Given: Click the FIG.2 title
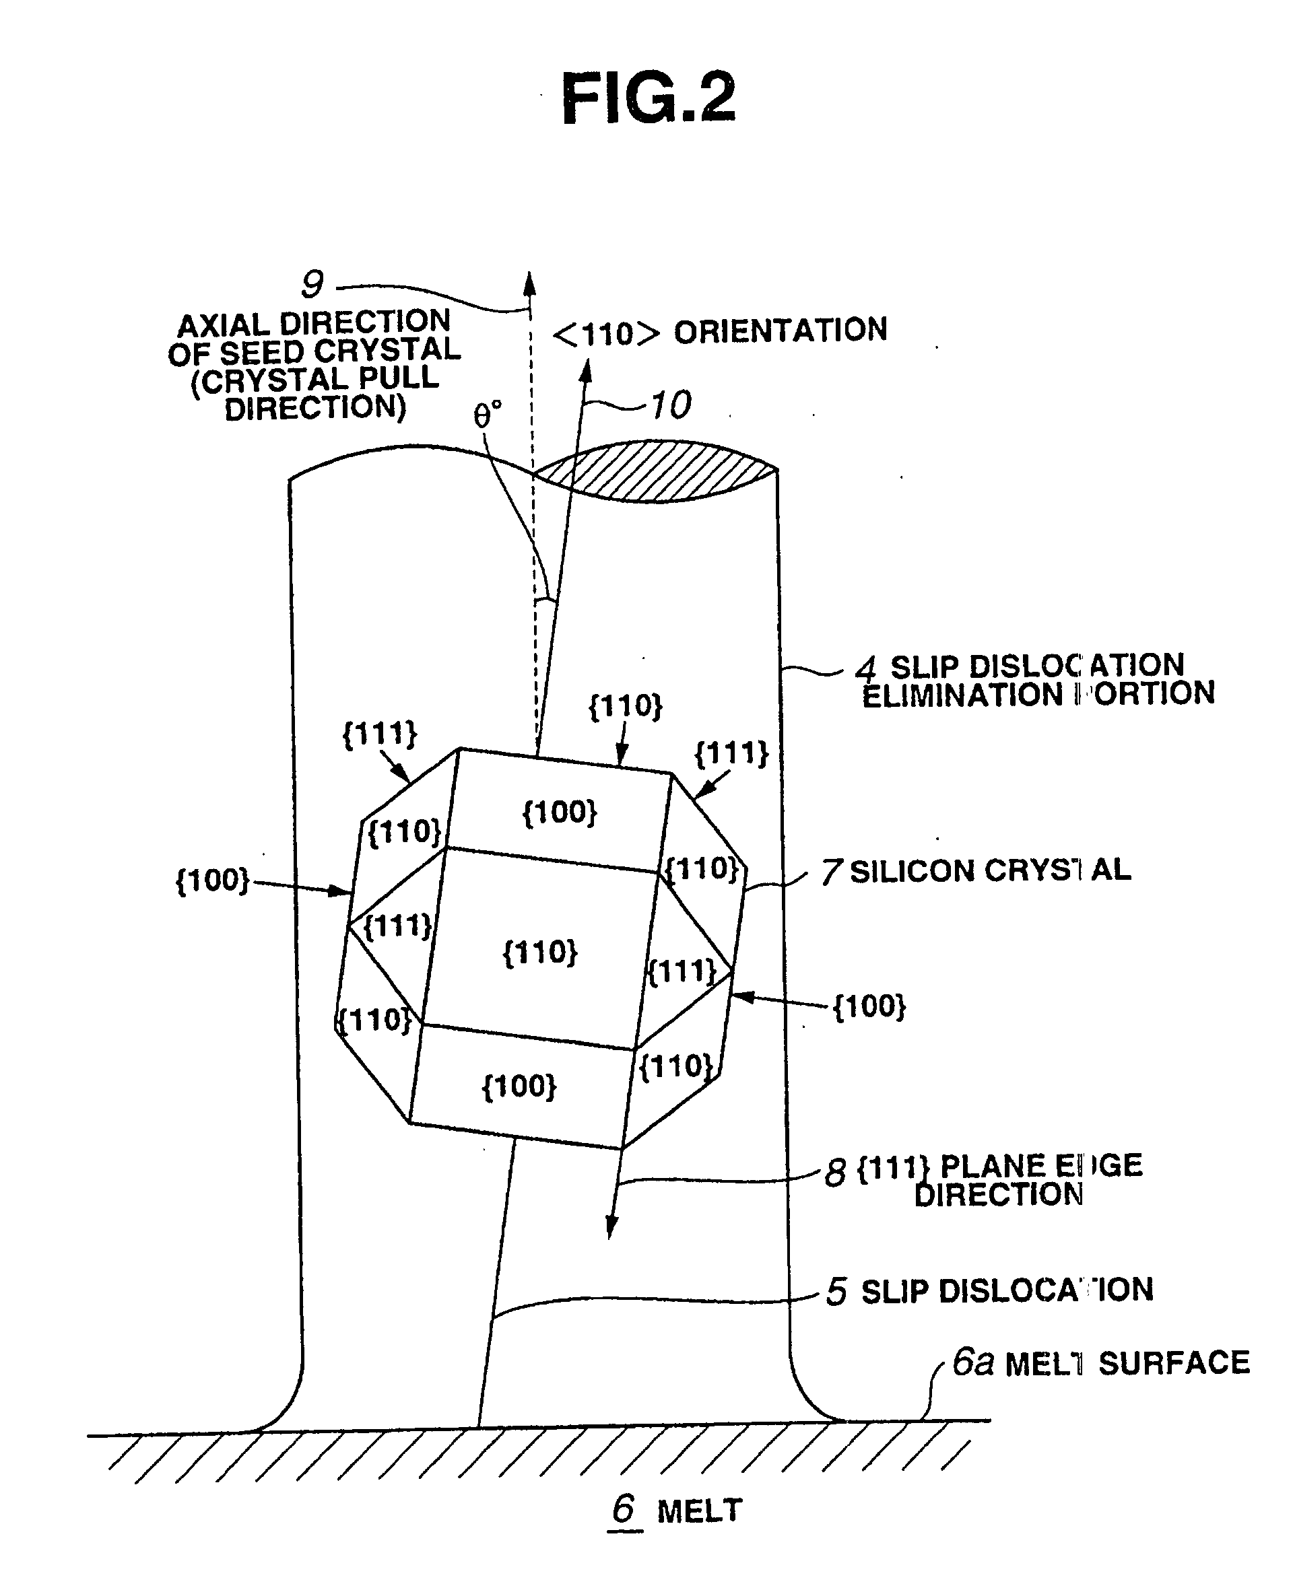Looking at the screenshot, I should (647, 98).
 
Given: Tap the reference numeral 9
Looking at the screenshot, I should (311, 285).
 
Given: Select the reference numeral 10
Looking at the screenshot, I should (670, 405).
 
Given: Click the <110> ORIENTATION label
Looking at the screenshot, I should (719, 332).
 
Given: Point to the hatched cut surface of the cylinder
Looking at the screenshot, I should (655, 471).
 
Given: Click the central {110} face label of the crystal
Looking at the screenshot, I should (540, 953).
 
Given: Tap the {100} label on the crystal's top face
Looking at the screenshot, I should (560, 812).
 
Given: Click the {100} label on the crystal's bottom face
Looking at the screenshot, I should (519, 1086).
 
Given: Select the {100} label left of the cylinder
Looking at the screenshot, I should (212, 880).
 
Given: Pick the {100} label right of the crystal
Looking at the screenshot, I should (869, 1007).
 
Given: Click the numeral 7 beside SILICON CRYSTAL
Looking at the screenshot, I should (830, 872).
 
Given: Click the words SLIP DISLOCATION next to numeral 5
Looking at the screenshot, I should (1006, 1291).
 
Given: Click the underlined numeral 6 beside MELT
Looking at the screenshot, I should (624, 1509).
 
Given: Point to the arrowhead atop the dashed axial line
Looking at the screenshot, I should (529, 283).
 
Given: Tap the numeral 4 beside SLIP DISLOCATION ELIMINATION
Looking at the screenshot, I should (865, 668).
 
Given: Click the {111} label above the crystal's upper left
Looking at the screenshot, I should (379, 734).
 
